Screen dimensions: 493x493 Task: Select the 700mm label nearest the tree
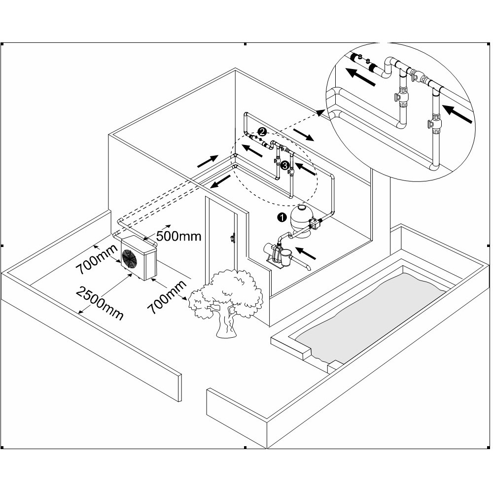(x=166, y=297)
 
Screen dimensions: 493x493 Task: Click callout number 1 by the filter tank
(x=282, y=216)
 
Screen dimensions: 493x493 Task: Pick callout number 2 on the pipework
(x=262, y=132)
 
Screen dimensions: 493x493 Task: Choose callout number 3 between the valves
(x=284, y=166)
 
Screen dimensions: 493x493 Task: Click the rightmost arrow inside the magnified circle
(x=458, y=113)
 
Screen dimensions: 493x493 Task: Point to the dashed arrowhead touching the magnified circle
(x=320, y=113)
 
